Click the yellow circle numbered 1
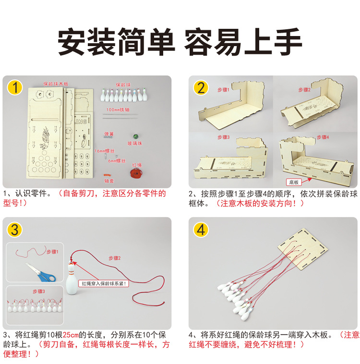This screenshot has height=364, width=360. pos(16,88)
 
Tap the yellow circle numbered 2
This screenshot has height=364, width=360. pos(201,88)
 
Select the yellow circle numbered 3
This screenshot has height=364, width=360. pos(16,230)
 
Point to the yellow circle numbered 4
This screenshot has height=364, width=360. pos(201,230)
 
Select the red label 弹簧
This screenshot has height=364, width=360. pos(109,134)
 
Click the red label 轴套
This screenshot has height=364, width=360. pos(109,181)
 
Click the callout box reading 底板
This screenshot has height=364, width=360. pos(293,182)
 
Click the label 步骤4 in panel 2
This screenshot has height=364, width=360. pos(323,137)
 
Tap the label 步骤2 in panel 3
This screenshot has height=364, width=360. pos(114,258)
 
